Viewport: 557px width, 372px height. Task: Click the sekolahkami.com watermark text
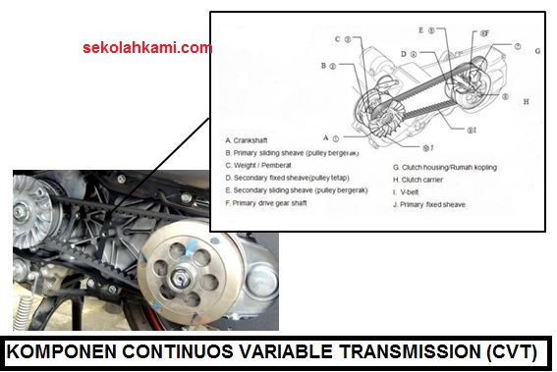click(x=146, y=47)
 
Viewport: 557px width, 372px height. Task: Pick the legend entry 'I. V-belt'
click(x=413, y=192)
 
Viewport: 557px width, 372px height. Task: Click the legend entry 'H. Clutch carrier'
click(x=424, y=180)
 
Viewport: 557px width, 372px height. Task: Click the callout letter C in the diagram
click(x=336, y=40)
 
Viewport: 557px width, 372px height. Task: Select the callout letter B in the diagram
click(x=323, y=67)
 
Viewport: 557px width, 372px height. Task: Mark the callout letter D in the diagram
click(x=404, y=53)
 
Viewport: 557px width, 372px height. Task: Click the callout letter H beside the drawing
click(x=527, y=101)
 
